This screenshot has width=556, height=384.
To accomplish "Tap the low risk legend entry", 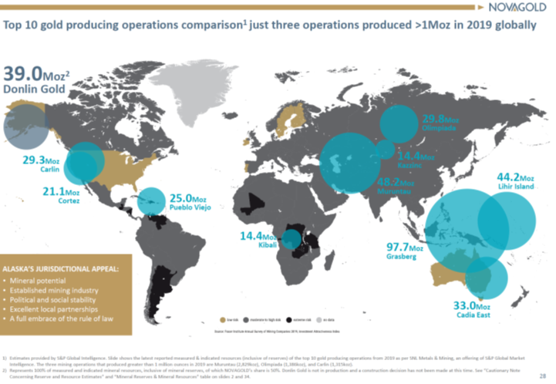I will (228, 318).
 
